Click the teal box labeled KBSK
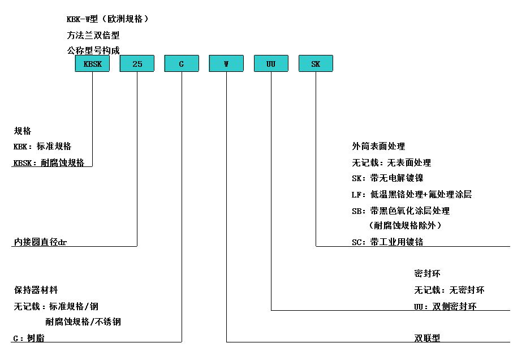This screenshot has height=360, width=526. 92,63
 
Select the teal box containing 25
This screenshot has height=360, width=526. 137,63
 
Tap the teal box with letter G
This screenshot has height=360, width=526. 182,63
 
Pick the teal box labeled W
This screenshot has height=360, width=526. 226,63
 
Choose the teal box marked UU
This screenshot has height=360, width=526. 271,63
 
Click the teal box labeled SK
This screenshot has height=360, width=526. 316,63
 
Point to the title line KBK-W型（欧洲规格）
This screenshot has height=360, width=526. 107,19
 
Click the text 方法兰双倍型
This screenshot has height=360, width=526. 93,35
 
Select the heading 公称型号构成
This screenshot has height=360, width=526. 93,50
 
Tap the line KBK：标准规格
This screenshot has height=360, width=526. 42,146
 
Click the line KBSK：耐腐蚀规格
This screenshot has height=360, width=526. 49,162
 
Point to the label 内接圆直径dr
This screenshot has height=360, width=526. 40,242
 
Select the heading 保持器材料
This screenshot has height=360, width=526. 36,289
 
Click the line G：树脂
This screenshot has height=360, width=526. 29,338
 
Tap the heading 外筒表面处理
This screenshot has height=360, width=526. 378,146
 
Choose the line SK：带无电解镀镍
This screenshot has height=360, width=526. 387,178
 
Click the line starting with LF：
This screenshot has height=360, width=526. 412,194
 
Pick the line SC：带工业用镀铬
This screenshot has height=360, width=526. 387,242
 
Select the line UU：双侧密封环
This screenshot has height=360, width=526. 445,306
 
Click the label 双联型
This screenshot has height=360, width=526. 427,338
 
